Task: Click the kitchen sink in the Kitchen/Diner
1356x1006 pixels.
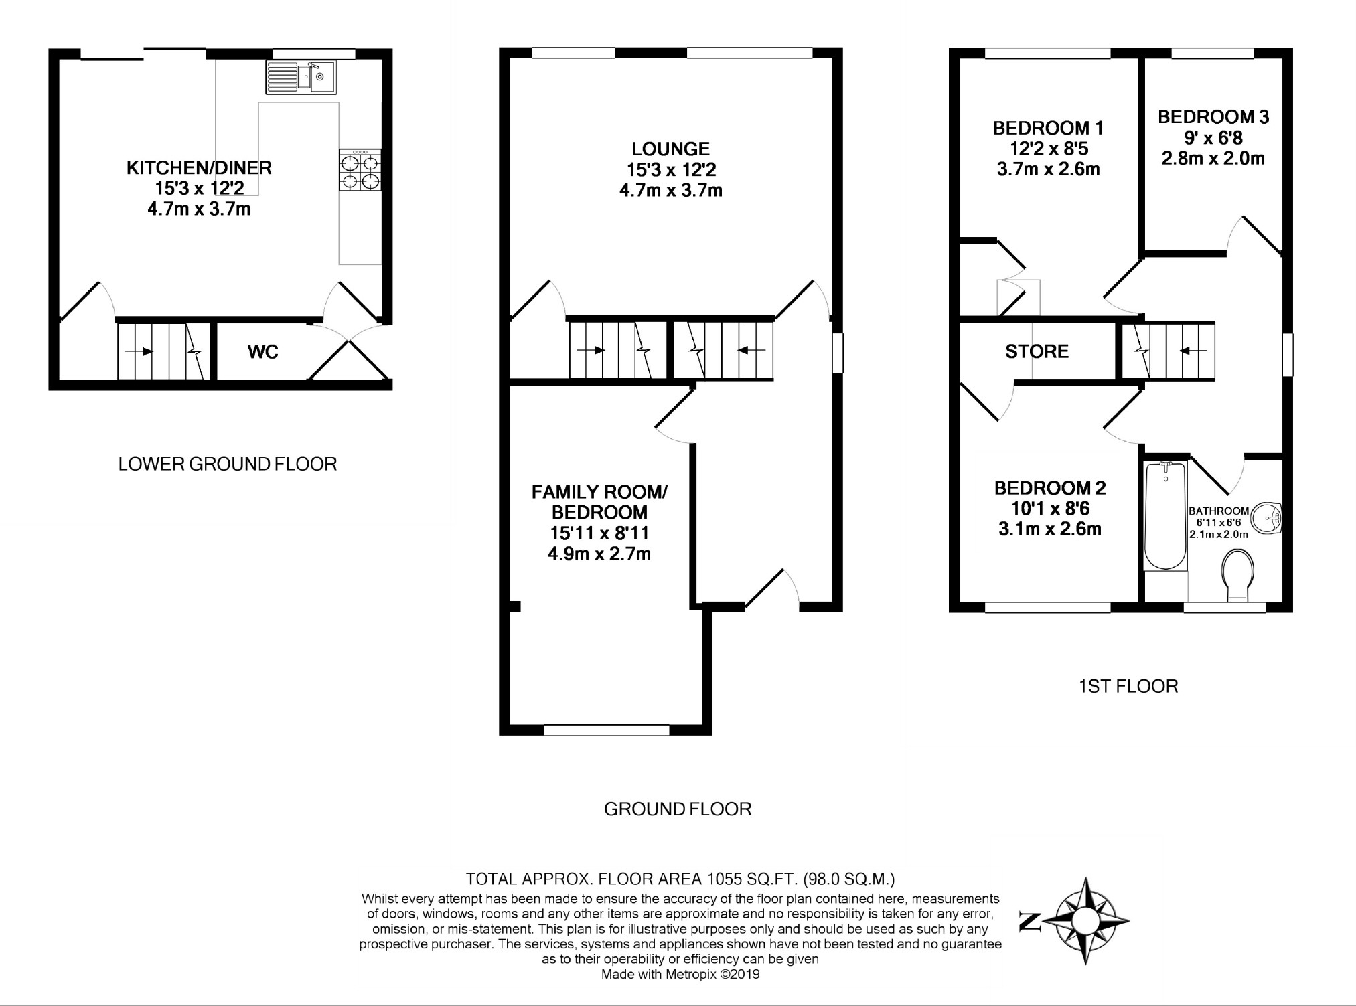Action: pyautogui.click(x=301, y=77)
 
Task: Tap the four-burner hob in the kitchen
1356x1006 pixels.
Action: pyautogui.click(x=360, y=170)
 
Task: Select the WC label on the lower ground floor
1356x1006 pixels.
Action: pyautogui.click(x=263, y=352)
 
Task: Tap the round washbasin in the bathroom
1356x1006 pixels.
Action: pyautogui.click(x=1266, y=520)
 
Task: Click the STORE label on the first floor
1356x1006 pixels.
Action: pyautogui.click(x=1037, y=351)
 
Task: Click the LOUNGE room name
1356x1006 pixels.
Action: pyautogui.click(x=670, y=149)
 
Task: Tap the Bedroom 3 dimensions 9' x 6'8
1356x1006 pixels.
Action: pyautogui.click(x=1213, y=138)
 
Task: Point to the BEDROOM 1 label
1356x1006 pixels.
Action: pyautogui.click(x=1048, y=128)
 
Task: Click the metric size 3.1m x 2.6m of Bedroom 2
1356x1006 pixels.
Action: pyautogui.click(x=1050, y=529)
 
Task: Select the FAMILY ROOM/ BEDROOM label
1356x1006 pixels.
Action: pyautogui.click(x=599, y=503)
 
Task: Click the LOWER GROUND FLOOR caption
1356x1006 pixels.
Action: pyautogui.click(x=228, y=464)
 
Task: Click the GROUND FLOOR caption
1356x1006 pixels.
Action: pyautogui.click(x=678, y=809)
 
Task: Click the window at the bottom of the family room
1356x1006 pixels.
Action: pyautogui.click(x=606, y=730)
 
